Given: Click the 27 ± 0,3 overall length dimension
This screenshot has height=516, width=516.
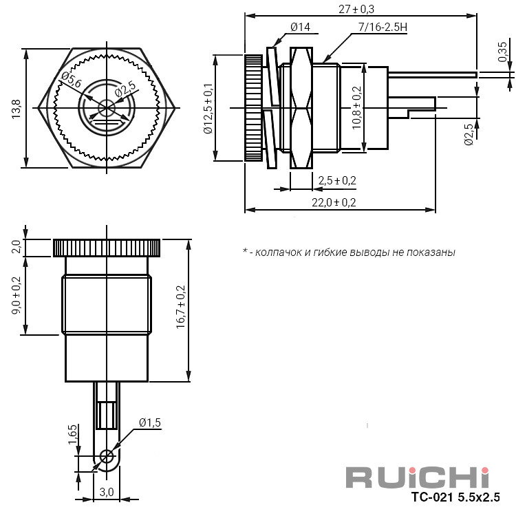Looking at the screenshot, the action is tap(356, 9).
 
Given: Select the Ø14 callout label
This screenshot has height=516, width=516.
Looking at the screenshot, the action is tap(301, 27).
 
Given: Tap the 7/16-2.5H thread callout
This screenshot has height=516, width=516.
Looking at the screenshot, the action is tap(383, 27).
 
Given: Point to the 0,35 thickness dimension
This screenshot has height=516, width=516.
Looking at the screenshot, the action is tap(502, 52).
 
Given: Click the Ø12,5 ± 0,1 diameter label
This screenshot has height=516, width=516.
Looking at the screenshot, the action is tap(208, 109).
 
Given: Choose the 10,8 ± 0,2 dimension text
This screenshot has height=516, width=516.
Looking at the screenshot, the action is tap(356, 108).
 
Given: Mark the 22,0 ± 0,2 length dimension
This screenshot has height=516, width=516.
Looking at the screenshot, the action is tap(334, 202).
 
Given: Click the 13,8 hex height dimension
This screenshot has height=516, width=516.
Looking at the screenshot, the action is tap(16, 109).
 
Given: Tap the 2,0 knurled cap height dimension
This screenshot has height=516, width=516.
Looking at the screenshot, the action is tap(16, 246).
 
